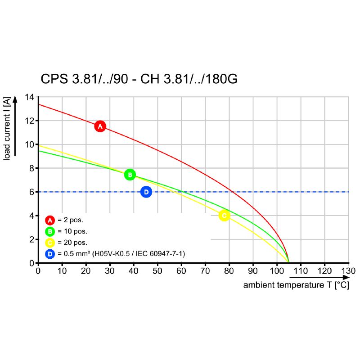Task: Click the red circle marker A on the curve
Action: (100, 126)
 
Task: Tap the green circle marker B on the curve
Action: (130, 175)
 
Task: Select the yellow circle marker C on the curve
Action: (224, 216)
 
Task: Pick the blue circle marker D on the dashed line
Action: (146, 192)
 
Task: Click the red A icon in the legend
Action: (50, 220)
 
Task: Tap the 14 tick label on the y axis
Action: (29, 97)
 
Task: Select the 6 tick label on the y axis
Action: (31, 192)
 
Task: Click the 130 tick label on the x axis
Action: (348, 271)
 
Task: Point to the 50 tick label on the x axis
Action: (157, 271)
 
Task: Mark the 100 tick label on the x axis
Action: (276, 271)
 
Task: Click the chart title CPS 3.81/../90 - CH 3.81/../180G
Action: (139, 79)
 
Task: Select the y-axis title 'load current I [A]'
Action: (7, 127)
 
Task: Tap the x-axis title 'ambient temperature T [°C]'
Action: (296, 285)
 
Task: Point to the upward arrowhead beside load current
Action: (15, 100)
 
